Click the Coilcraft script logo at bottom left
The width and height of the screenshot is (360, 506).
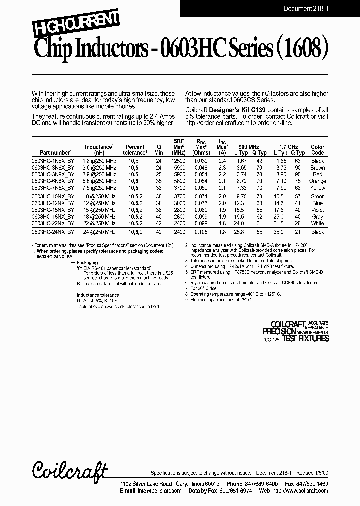pos(70,470)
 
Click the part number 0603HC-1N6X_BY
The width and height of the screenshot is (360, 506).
pos(53,161)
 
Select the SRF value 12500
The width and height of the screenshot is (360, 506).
pos(178,161)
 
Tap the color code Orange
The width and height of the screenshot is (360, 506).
pos(317,181)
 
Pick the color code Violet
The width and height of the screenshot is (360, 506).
pos(317,210)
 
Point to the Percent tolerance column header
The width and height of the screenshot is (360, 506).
pos(135,150)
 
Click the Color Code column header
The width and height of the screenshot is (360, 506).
pos(317,150)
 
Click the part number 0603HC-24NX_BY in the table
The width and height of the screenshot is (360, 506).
pos(53,232)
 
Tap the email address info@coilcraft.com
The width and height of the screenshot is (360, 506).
pos(156,491)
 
